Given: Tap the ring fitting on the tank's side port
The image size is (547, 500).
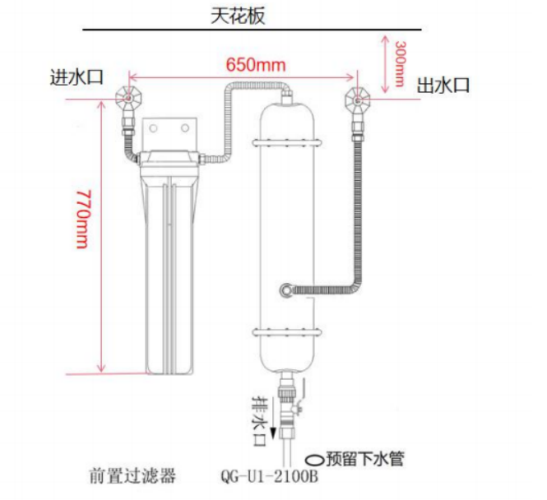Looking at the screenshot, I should pyautogui.click(x=285, y=289).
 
